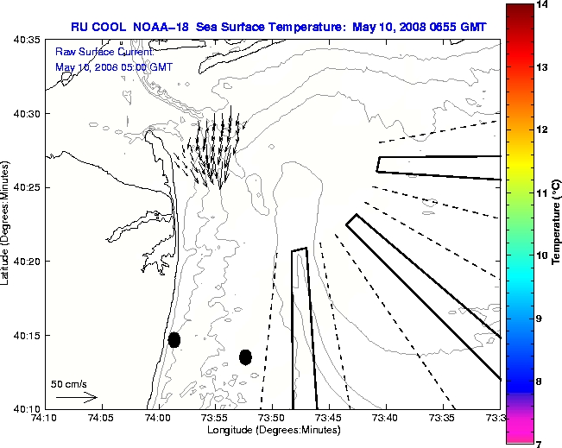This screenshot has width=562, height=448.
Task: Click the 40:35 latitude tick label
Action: click(27, 40)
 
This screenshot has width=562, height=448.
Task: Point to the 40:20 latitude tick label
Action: click(27, 261)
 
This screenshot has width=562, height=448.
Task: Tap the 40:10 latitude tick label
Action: click(27, 408)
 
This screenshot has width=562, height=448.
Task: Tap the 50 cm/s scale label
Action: click(69, 383)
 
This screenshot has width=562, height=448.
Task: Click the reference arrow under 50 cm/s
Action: click(76, 398)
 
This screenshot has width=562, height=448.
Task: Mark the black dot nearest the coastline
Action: click(174, 339)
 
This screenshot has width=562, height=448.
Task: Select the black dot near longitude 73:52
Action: click(245, 357)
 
